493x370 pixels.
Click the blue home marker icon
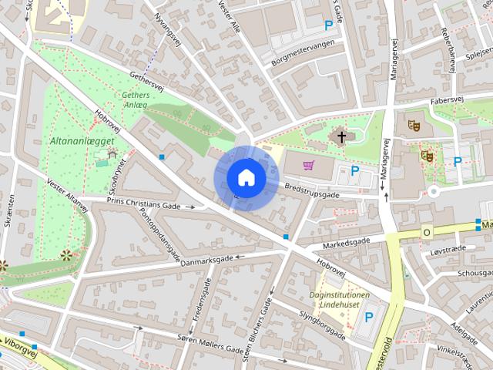pyautogui.click(x=246, y=177)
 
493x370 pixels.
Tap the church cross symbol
pyautogui.click(x=341, y=138)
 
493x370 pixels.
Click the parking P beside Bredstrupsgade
pyautogui.click(x=355, y=171)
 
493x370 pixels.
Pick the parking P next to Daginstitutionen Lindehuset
pyautogui.click(x=368, y=316)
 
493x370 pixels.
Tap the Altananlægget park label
pyautogui.click(x=82, y=141)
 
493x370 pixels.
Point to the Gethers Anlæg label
pyautogui.click(x=136, y=101)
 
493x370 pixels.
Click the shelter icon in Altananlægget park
pyautogui.click(x=112, y=154)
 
